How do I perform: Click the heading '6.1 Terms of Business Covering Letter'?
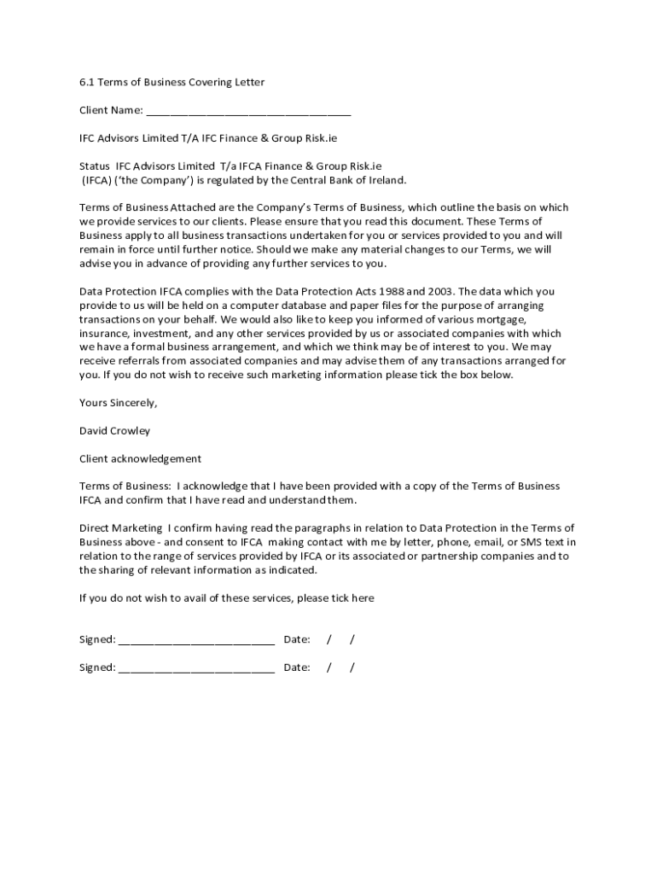172,82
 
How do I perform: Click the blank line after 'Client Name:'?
248,111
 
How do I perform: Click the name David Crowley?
114,430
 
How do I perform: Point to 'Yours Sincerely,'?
119,402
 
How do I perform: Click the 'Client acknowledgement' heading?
140,458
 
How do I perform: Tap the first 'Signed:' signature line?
196,640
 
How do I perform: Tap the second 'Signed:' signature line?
196,667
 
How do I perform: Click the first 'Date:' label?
296,639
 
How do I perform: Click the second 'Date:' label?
296,667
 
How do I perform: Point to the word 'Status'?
95,166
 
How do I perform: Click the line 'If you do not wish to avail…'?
226,597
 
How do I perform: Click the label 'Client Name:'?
111,110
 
